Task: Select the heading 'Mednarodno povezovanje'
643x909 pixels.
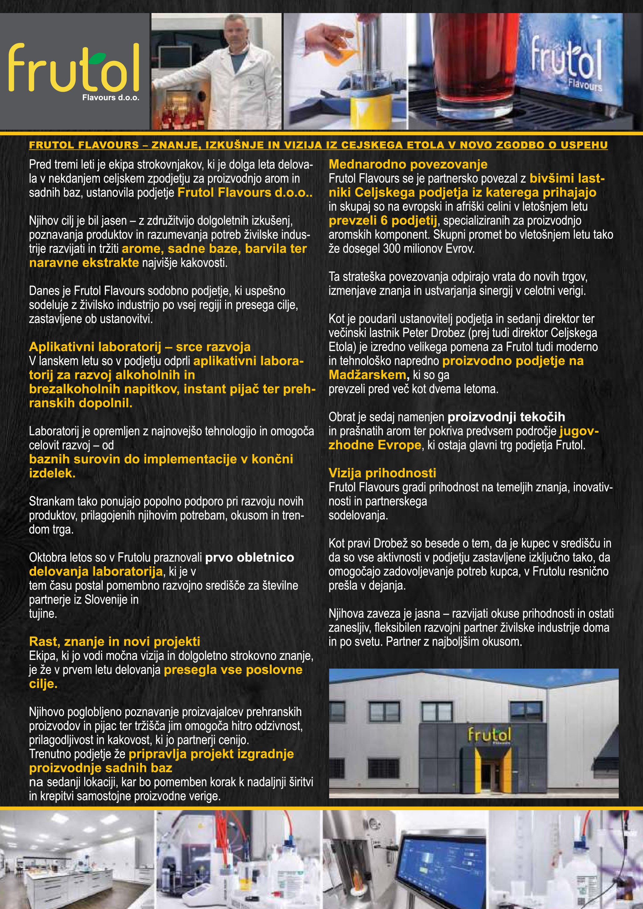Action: coord(408,164)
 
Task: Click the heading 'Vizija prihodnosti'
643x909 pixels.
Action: coord(382,473)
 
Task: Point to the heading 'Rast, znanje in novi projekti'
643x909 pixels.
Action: coord(114,641)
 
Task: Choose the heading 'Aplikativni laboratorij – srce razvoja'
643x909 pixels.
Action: coord(140,347)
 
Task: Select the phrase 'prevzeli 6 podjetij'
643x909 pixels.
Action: coord(383,220)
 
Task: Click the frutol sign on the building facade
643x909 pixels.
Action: coord(489,735)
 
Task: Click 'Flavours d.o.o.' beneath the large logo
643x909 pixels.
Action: coord(111,97)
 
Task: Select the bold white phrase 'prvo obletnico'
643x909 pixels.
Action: coord(249,558)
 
